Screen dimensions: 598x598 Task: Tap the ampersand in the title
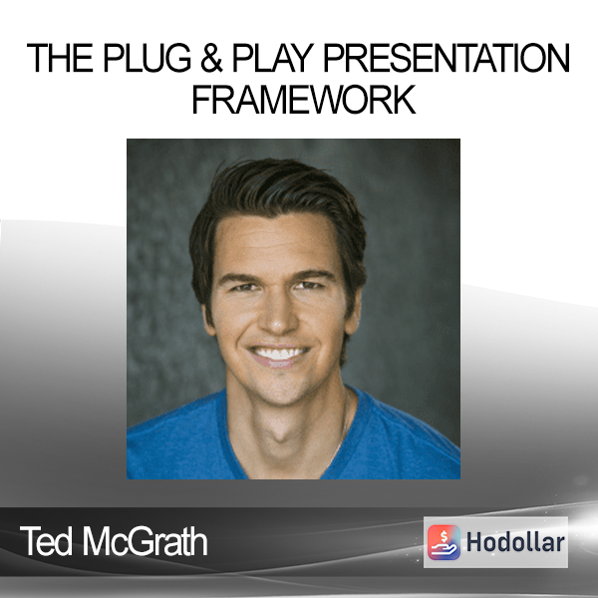pos(211,58)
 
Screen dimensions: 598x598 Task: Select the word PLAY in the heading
pos(273,58)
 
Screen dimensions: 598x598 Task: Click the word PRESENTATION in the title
pos(447,58)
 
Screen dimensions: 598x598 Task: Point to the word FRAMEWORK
pos(304,100)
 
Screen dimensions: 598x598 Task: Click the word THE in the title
pos(60,58)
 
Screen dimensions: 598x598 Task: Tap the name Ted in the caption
pos(46,541)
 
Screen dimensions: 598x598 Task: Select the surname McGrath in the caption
pos(146,541)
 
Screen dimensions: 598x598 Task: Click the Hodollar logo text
pos(515,542)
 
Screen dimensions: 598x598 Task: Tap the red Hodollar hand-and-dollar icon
pos(444,542)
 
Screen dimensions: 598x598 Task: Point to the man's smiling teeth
pos(279,353)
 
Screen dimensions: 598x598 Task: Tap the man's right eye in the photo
pos(243,287)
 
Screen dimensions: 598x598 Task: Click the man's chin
pos(280,391)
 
